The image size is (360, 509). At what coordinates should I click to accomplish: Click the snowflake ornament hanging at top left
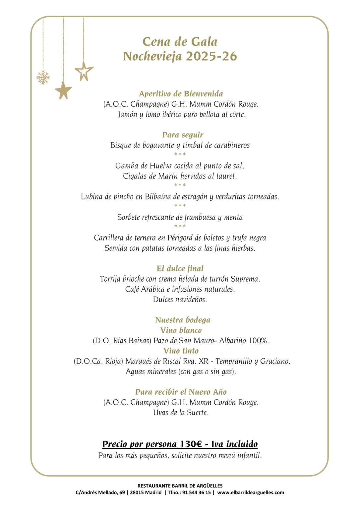coord(43,78)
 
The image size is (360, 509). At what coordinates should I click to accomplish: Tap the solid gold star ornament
coord(63,90)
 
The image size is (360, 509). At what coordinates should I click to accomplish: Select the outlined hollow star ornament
coord(84,71)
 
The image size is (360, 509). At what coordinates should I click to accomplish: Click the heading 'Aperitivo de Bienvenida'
coord(181,94)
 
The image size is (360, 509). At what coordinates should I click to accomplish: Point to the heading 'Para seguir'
coord(183,135)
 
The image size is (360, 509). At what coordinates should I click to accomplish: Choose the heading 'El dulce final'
coord(180,268)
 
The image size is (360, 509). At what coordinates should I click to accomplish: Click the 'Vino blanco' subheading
coord(181,330)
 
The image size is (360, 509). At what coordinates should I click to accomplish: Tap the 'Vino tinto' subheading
coord(181,351)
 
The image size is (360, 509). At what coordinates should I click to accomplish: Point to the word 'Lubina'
coord(92,197)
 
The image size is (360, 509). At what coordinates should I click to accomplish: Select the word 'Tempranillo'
coord(233,361)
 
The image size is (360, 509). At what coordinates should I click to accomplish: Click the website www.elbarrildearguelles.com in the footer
coord(251,493)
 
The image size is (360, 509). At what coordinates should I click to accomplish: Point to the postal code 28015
coord(138,493)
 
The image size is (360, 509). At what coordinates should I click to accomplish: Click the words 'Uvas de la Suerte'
coord(181,413)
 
